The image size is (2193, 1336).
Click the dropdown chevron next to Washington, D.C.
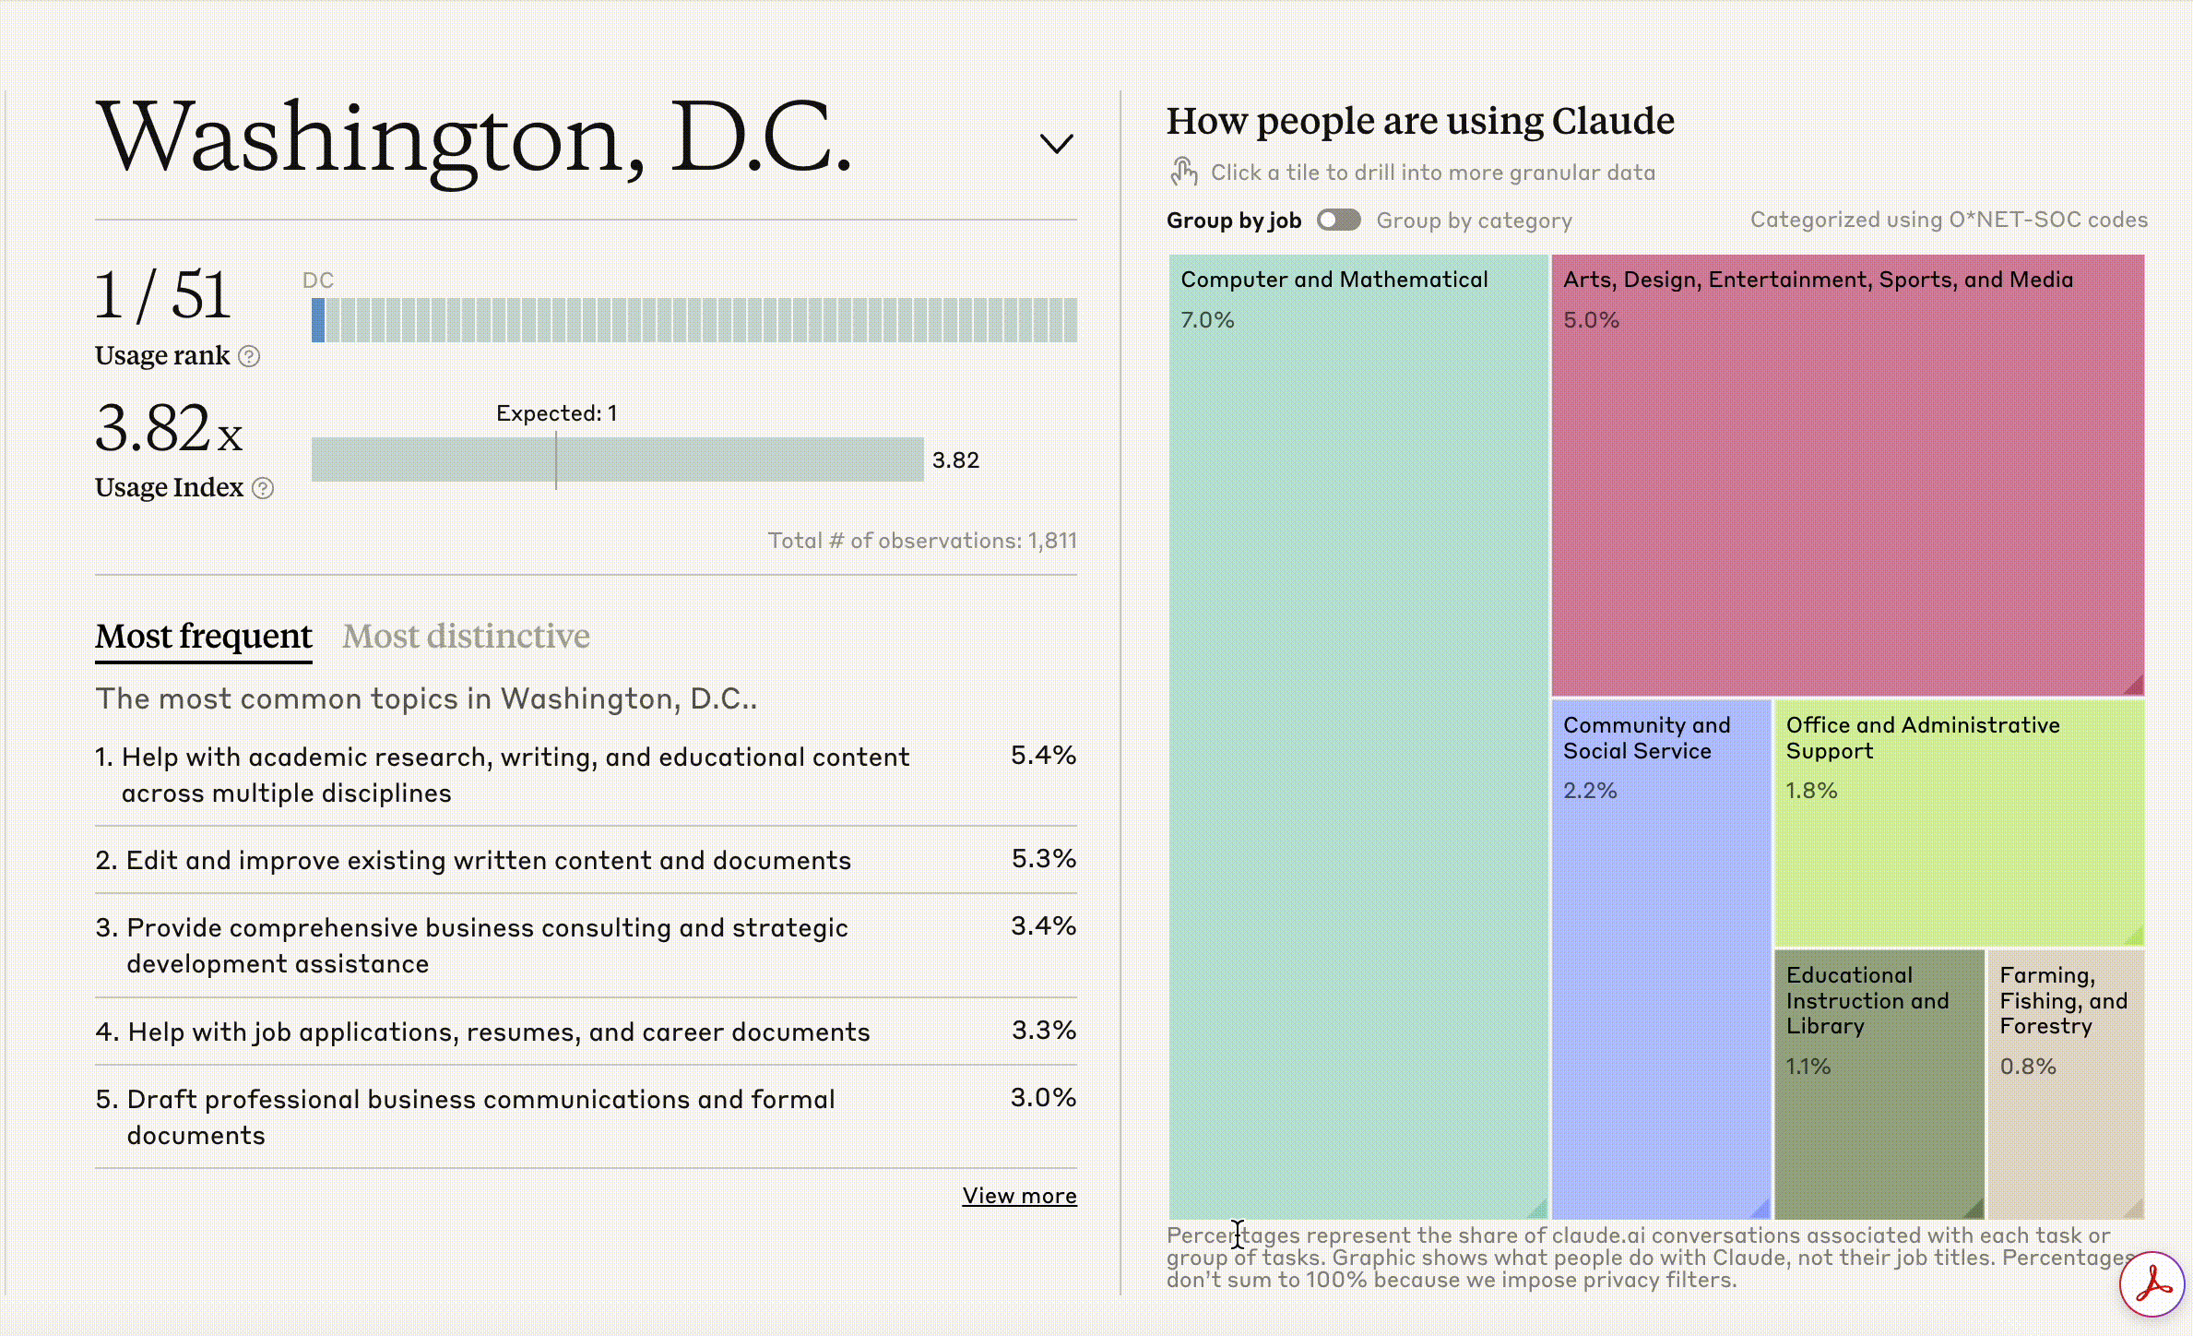tap(1056, 144)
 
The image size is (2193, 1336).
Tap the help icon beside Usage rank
tap(249, 356)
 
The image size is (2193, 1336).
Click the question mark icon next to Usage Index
tap(263, 488)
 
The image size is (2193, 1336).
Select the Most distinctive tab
tap(466, 636)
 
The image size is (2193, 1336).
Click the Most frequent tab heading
tap(204, 636)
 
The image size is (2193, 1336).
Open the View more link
tap(1019, 1196)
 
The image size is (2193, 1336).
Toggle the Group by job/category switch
tap(1338, 220)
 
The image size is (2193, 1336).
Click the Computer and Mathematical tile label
tap(1334, 280)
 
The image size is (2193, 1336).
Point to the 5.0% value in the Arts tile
tap(1591, 320)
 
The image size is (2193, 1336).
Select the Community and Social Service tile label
tap(1646, 738)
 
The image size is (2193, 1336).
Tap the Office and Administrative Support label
tap(1922, 738)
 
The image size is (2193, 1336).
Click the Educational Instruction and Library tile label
tap(1867, 1000)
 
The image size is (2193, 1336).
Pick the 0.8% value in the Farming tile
tap(2028, 1067)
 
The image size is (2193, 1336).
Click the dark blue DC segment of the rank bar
tap(318, 320)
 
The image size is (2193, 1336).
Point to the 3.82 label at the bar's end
tap(955, 460)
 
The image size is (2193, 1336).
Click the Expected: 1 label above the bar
tap(556, 413)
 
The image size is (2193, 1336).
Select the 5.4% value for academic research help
tap(1043, 756)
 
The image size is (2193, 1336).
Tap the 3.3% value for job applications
tap(1043, 1030)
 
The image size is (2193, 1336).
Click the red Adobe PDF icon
tap(2152, 1283)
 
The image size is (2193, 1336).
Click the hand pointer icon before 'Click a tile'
tap(1184, 172)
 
